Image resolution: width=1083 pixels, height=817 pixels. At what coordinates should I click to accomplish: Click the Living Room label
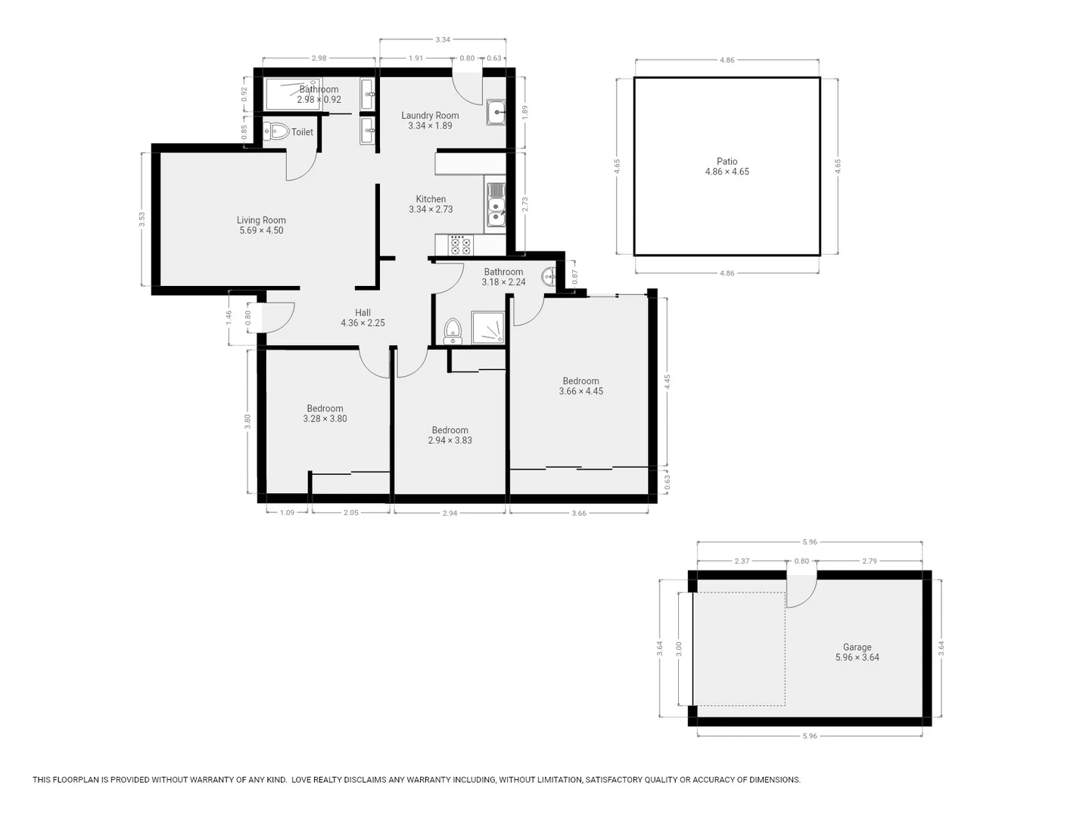pyautogui.click(x=261, y=220)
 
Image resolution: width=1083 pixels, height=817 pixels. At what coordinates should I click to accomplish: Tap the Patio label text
pyautogui.click(x=727, y=161)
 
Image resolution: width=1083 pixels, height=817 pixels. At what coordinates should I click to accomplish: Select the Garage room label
pyautogui.click(x=857, y=647)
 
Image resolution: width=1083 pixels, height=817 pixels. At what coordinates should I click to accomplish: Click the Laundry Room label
pyautogui.click(x=430, y=116)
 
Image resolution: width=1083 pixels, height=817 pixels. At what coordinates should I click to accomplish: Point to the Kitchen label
pyautogui.click(x=431, y=199)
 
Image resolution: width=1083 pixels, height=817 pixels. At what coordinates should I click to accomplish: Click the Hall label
pyautogui.click(x=363, y=312)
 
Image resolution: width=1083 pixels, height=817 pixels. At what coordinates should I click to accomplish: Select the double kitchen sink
pyautogui.click(x=496, y=203)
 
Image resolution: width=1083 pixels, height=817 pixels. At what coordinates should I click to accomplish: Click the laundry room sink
pyautogui.click(x=496, y=113)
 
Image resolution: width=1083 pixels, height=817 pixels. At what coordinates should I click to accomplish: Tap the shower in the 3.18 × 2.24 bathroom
pyautogui.click(x=488, y=328)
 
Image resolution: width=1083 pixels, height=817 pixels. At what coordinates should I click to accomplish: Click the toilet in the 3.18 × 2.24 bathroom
pyautogui.click(x=453, y=331)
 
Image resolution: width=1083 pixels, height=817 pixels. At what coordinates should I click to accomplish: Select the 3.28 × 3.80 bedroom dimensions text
pyautogui.click(x=325, y=418)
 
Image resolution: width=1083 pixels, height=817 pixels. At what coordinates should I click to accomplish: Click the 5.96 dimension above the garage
pyautogui.click(x=809, y=542)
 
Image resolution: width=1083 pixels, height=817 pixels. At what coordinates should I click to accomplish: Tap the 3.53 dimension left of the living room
pyautogui.click(x=142, y=219)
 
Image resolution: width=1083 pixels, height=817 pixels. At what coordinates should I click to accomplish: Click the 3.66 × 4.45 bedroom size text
pyautogui.click(x=580, y=391)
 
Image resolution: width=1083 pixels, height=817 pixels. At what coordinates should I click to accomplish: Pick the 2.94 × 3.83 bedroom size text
pyautogui.click(x=450, y=440)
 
